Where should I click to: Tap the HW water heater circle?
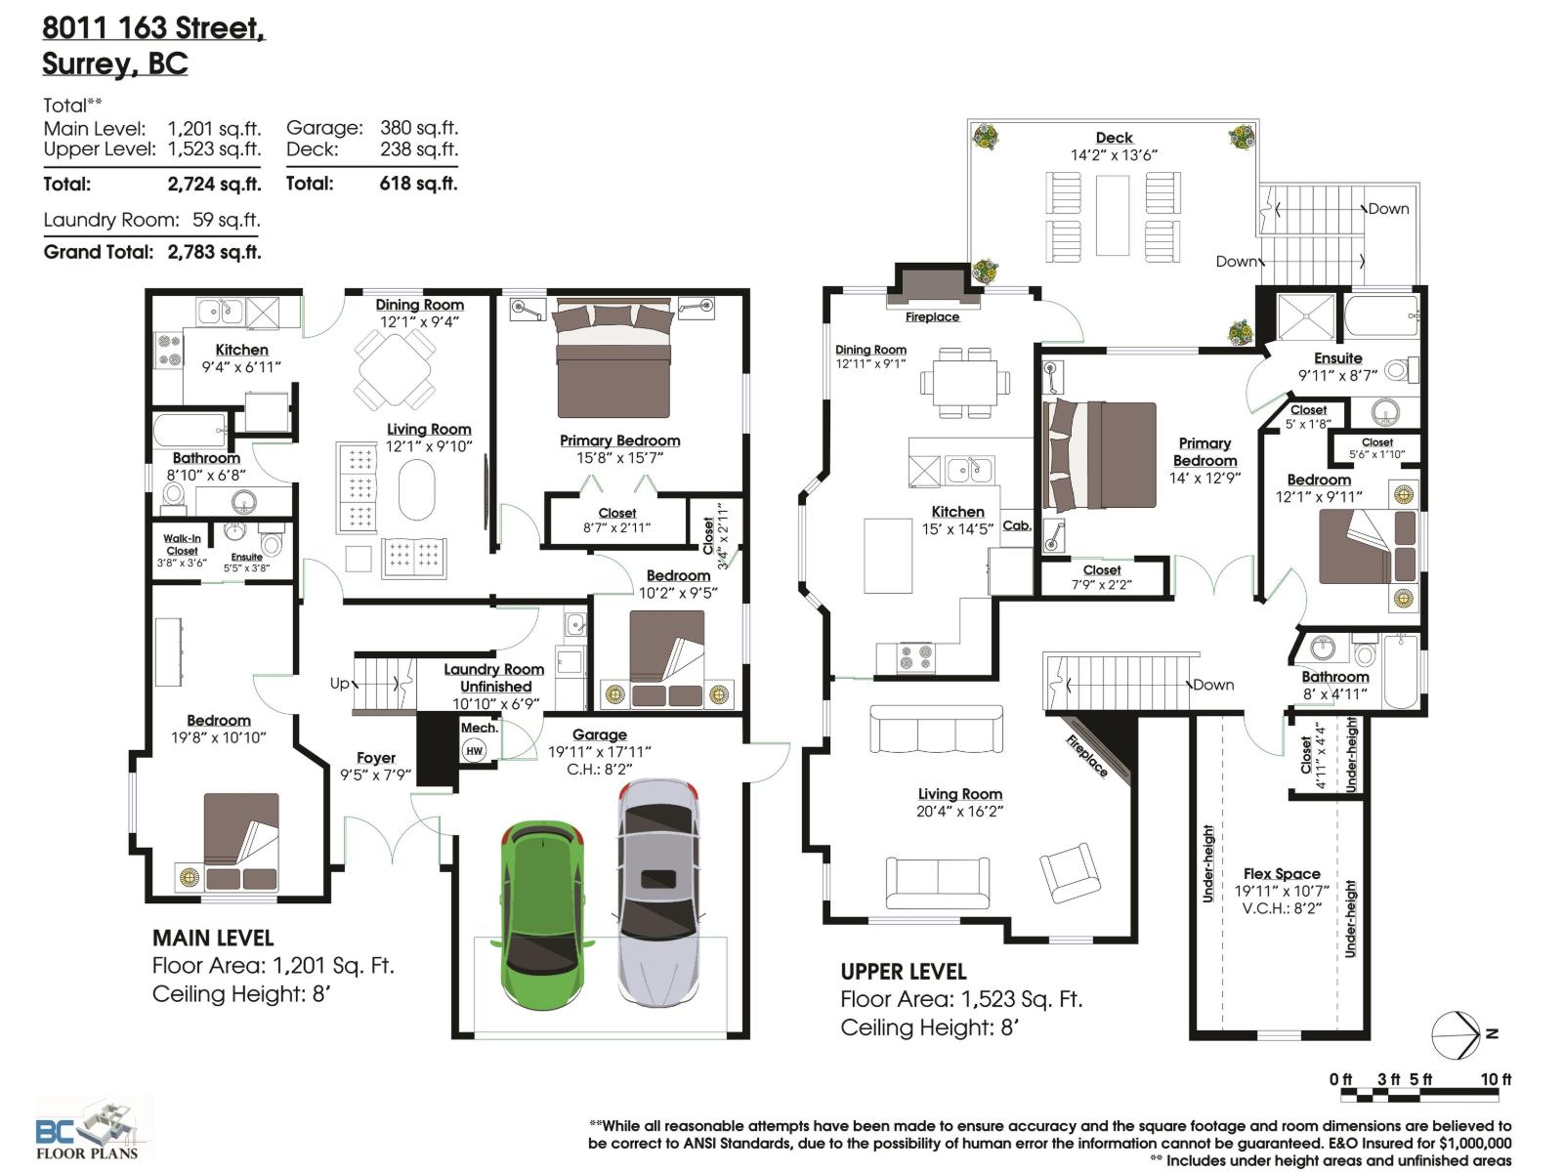click(474, 751)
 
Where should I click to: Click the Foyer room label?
click(376, 758)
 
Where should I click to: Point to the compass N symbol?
click(1491, 1033)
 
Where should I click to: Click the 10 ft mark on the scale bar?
click(1495, 1079)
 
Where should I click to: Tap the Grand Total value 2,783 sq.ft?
click(214, 252)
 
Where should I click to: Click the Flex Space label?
click(1282, 874)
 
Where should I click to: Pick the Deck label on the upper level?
click(1114, 138)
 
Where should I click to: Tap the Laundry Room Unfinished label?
click(494, 678)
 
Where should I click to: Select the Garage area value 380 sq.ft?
click(419, 128)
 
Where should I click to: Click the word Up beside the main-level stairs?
click(339, 684)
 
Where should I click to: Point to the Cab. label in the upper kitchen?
click(1017, 525)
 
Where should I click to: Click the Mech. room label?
click(479, 728)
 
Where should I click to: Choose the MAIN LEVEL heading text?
click(213, 938)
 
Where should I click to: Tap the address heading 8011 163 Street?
click(153, 28)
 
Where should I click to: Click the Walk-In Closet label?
click(182, 545)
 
